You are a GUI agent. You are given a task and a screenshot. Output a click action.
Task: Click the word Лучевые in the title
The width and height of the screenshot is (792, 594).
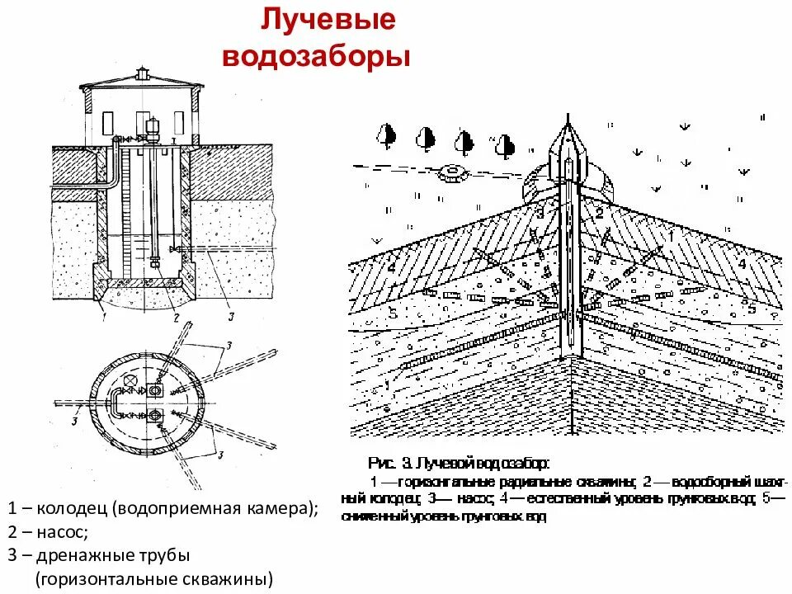[x=328, y=21]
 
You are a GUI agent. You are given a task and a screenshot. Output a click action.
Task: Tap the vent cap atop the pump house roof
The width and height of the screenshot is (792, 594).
[x=143, y=76]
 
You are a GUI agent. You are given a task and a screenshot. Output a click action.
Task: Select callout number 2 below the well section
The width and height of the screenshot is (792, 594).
[x=176, y=315]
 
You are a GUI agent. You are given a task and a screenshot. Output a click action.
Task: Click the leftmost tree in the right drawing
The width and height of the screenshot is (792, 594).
[x=386, y=135]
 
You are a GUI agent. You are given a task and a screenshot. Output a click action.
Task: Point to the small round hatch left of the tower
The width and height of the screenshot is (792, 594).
[x=451, y=172]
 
